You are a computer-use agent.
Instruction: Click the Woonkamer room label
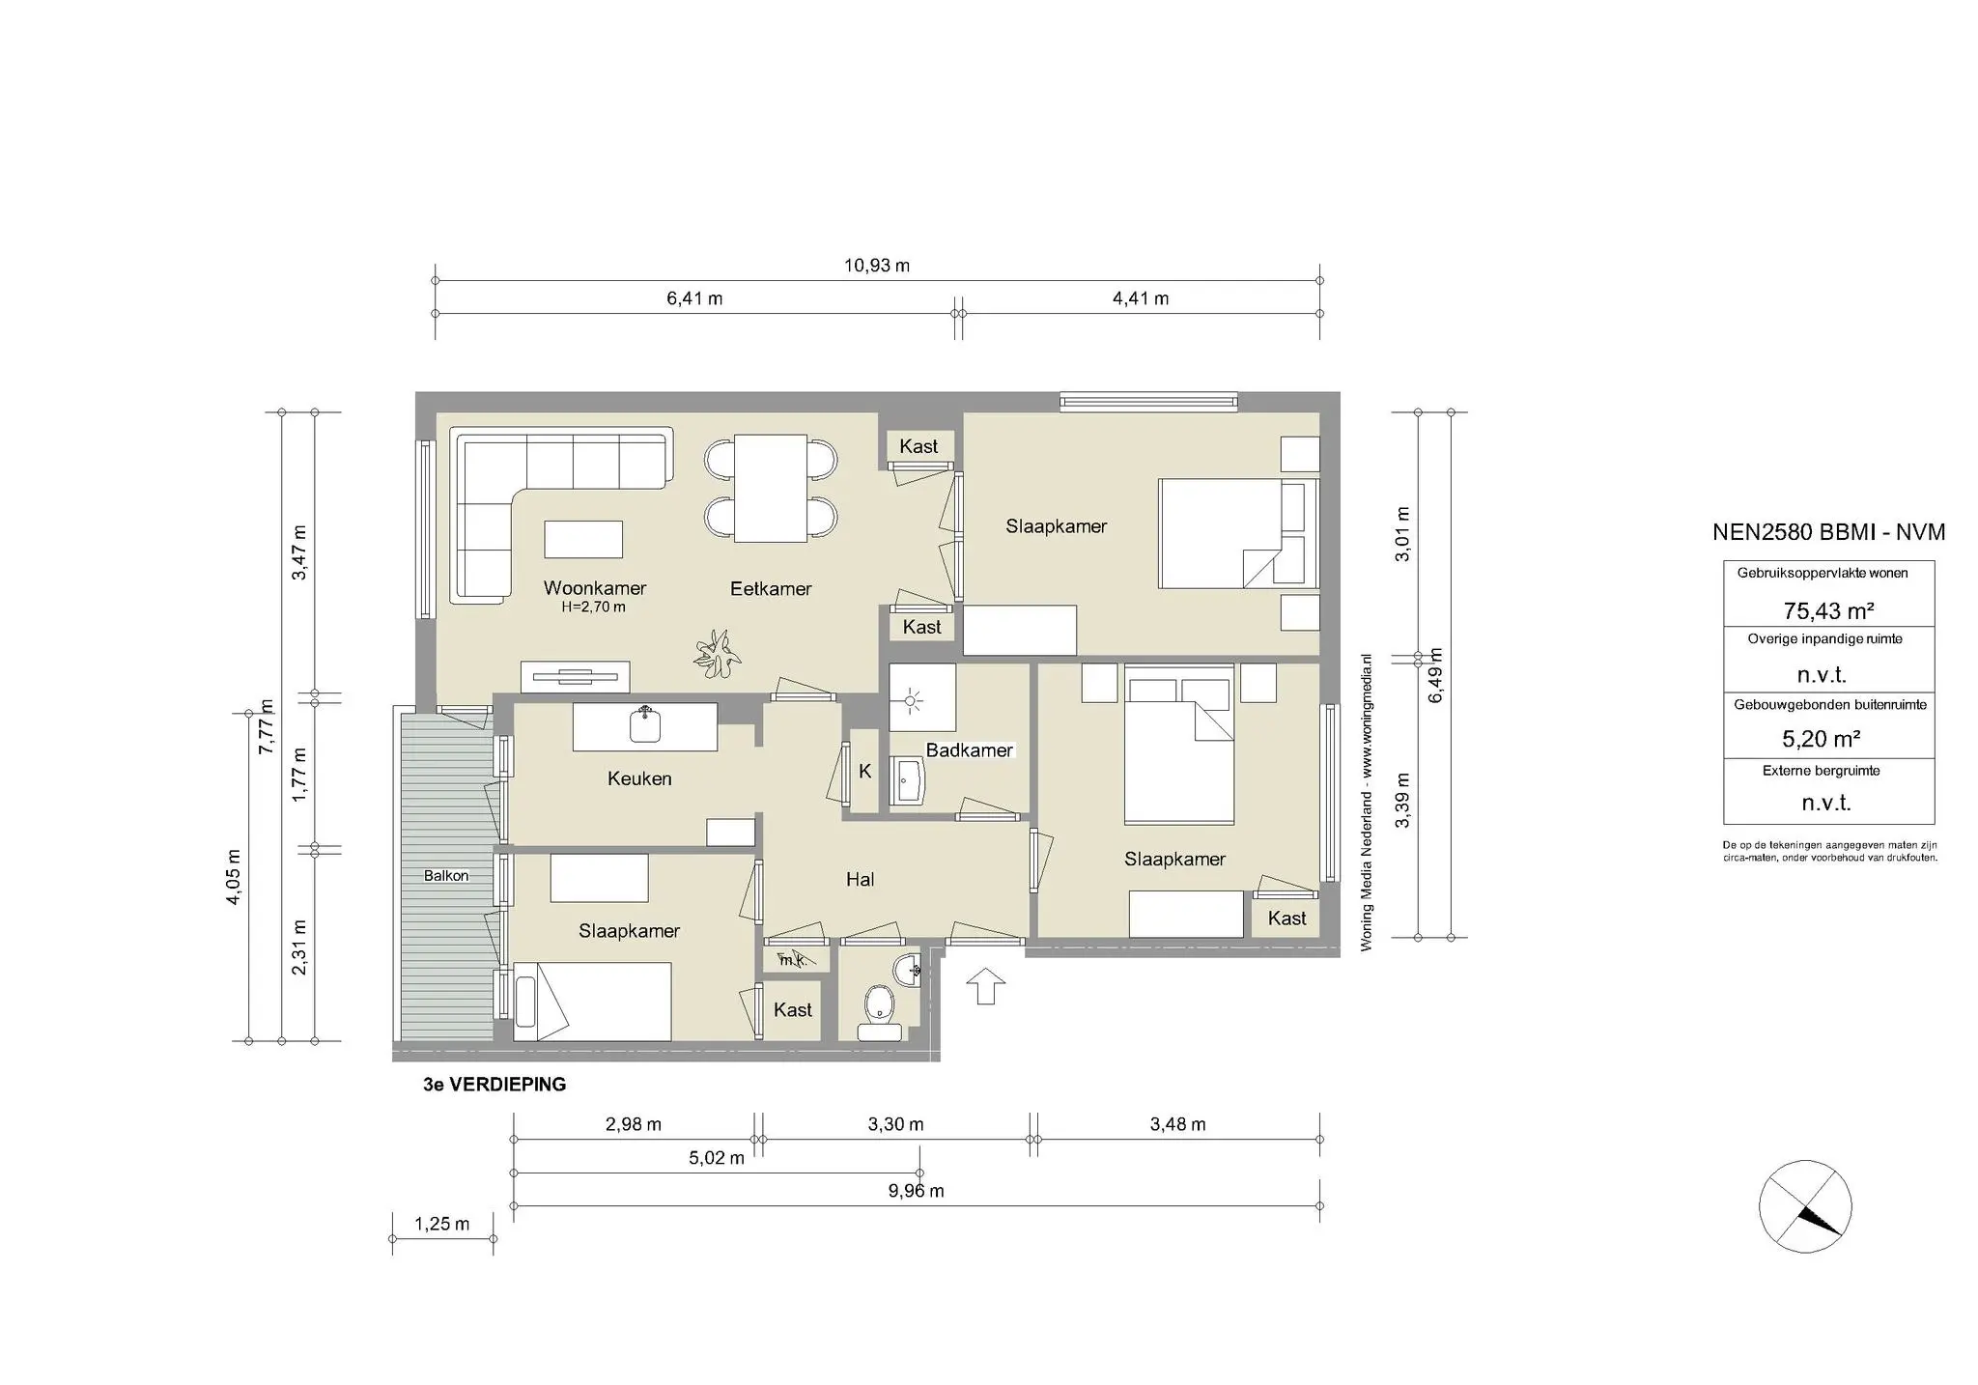tap(594, 588)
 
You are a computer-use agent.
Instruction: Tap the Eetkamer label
tap(770, 588)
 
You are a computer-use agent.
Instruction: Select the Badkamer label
tap(969, 750)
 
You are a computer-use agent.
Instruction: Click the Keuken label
tap(638, 778)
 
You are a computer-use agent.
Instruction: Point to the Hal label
tap(860, 879)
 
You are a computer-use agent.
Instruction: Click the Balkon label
tap(445, 876)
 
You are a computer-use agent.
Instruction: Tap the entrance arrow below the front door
tap(985, 986)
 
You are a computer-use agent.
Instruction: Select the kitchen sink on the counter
tap(645, 724)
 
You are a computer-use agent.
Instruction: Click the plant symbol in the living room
tap(717, 654)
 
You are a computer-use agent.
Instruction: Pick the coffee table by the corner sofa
tap(582, 539)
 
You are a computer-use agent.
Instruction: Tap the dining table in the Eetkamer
tap(770, 488)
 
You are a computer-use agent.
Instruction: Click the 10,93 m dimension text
tap(877, 266)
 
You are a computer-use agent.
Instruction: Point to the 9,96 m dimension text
tap(916, 1191)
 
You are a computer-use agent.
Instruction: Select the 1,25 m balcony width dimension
tap(441, 1225)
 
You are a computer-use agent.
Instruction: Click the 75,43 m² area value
tap(1828, 610)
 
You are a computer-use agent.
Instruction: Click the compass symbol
tap(1805, 1206)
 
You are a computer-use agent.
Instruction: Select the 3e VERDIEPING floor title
tap(494, 1085)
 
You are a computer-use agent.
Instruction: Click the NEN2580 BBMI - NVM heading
tap(1828, 532)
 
